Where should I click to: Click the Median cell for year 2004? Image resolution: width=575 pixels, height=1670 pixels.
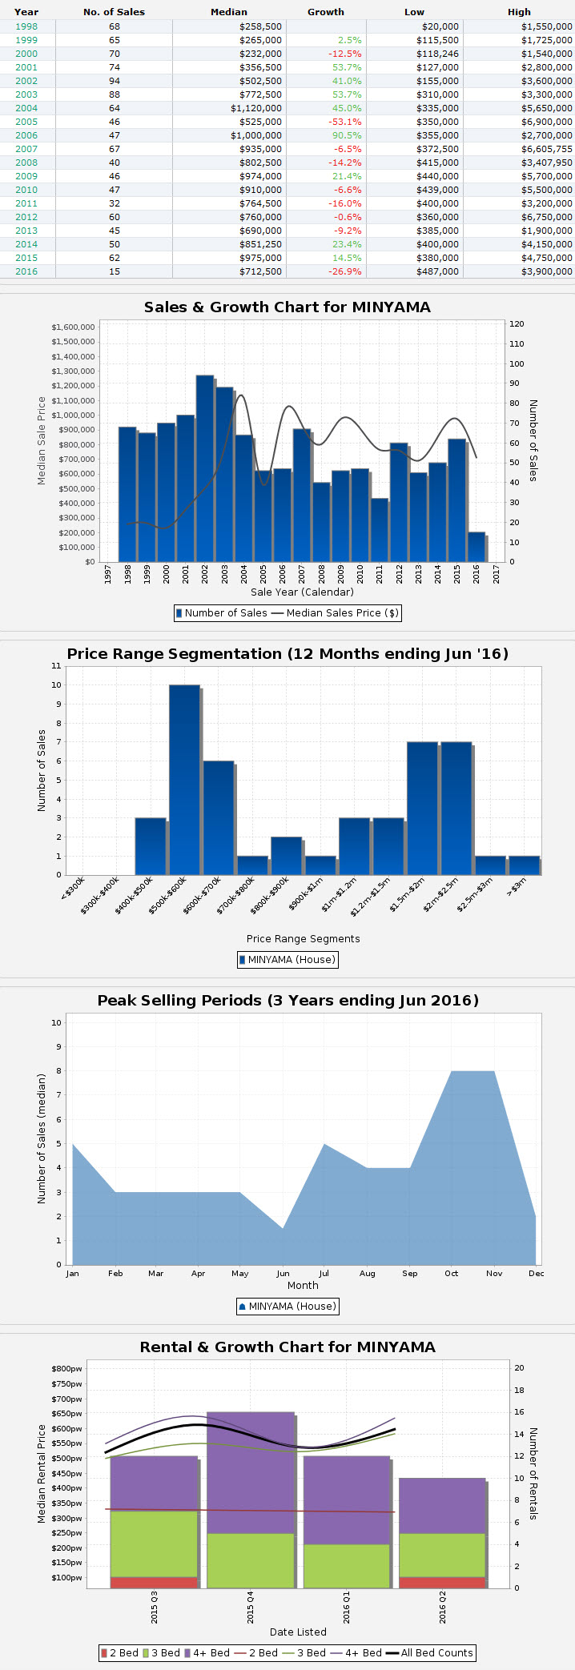click(256, 108)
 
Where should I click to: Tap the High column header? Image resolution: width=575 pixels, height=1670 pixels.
click(519, 12)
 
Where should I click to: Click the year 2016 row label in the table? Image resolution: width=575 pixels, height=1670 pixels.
click(26, 271)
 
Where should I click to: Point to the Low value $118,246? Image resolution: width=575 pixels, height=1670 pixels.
click(437, 54)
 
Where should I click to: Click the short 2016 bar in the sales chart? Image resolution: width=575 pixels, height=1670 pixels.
click(476, 547)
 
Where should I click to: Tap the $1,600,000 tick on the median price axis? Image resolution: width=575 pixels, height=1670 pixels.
click(73, 327)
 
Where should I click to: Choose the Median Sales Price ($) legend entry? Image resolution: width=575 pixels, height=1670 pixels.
click(334, 613)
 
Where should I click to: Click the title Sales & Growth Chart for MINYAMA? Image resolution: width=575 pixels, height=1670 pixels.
click(287, 307)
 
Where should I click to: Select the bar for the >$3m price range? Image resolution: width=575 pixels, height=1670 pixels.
click(523, 865)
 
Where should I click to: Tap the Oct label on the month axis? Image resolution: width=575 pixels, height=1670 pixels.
click(452, 1273)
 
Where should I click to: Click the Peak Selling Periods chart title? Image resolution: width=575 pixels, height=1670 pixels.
click(287, 1001)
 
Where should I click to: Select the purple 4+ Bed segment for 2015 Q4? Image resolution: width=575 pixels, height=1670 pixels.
click(251, 1473)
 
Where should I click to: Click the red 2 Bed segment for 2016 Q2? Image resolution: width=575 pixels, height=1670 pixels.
click(442, 1583)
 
